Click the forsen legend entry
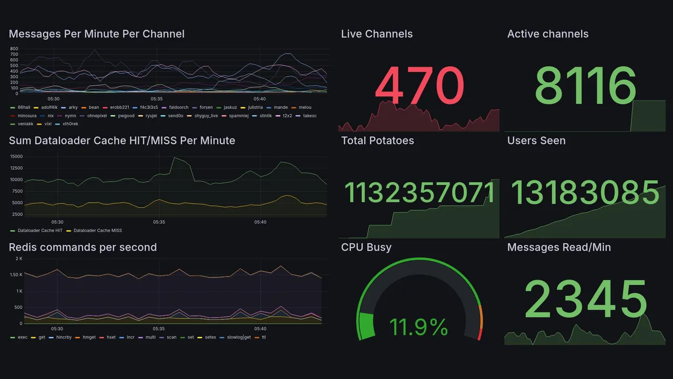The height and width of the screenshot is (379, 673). (x=206, y=107)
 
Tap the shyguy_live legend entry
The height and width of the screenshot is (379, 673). (x=206, y=115)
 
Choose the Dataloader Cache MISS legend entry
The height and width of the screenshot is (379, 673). (x=97, y=231)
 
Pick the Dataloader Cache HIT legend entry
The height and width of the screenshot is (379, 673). (x=39, y=231)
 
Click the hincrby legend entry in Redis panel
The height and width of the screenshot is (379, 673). (x=64, y=337)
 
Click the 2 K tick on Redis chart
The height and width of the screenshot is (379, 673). (x=18, y=258)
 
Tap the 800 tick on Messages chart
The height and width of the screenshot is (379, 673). (x=14, y=49)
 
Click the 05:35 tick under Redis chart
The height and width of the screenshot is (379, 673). (x=157, y=328)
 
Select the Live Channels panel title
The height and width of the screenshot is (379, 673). (x=376, y=34)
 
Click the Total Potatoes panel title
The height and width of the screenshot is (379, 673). (x=378, y=141)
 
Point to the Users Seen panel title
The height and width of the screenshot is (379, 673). (x=536, y=141)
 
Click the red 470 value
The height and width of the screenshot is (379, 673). (x=419, y=86)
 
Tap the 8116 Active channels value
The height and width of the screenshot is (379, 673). (x=585, y=86)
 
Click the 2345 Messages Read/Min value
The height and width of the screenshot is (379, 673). (x=586, y=300)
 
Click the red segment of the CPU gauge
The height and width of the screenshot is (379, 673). (x=479, y=334)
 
